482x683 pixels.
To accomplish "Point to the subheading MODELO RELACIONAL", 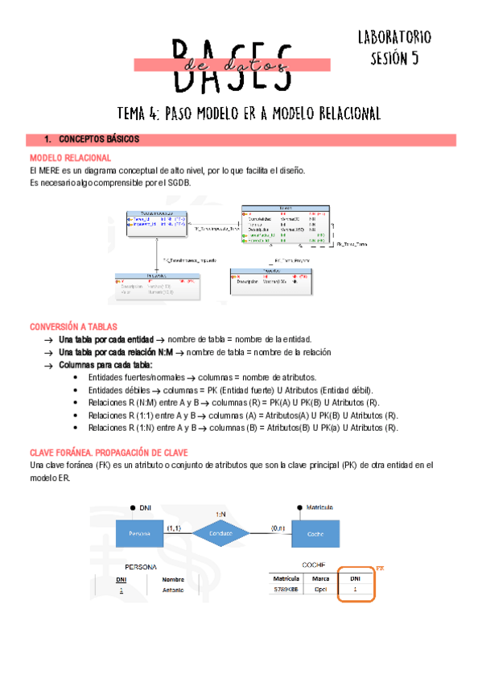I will [x=70, y=158].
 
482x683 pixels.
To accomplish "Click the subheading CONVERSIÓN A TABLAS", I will [x=74, y=327].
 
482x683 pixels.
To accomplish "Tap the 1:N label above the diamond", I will [x=220, y=512].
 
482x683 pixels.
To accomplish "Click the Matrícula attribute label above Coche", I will [x=321, y=507].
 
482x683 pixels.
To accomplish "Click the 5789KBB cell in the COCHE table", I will [x=286, y=590].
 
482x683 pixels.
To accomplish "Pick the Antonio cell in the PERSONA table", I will [x=173, y=590].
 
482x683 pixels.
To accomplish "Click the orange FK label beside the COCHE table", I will [x=381, y=568].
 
